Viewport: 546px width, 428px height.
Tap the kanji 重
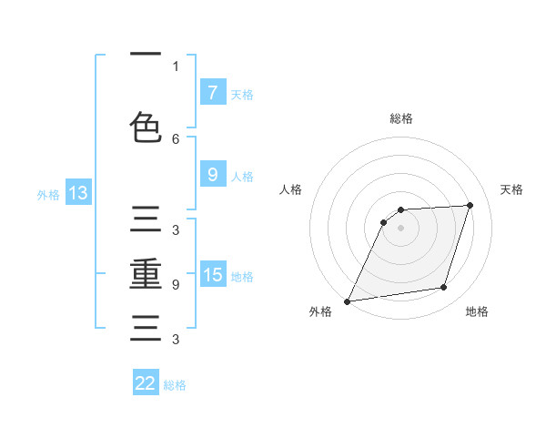[x=146, y=274]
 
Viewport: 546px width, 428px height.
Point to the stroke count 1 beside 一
[x=176, y=66]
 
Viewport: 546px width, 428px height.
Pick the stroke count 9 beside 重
[x=176, y=284]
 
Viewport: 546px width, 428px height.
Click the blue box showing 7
[x=212, y=92]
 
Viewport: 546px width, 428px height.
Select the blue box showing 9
[x=212, y=175]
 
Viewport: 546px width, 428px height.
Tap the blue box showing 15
[x=212, y=274]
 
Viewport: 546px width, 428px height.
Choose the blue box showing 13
[x=77, y=192]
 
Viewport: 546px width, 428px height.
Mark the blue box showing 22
[x=146, y=383]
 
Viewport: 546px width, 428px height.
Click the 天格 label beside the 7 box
[x=241, y=94]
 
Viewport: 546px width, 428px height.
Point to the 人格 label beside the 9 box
[x=241, y=176]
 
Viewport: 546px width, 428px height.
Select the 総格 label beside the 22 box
[x=175, y=385]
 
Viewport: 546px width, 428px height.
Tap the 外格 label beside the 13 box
[x=48, y=194]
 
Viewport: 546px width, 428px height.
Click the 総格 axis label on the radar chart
[x=401, y=118]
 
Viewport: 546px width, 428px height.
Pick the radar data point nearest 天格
[x=470, y=205]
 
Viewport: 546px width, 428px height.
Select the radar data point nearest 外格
[x=347, y=301]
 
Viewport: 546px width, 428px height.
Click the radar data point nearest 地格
[x=444, y=288]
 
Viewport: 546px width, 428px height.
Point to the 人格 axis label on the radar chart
[x=290, y=189]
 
